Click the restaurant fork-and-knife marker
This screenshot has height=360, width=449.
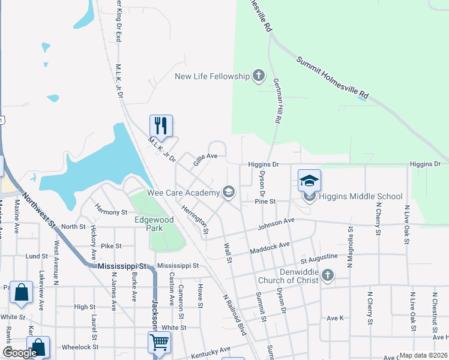click(161, 125)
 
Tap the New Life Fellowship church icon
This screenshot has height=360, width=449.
click(259, 76)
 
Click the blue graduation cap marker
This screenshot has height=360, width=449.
click(309, 180)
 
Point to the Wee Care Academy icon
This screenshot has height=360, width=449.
click(228, 192)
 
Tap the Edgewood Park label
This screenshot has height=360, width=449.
click(154, 224)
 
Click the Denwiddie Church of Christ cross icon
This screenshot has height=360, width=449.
click(327, 275)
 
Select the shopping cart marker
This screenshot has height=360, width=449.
click(160, 342)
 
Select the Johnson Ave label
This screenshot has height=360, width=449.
click(276, 224)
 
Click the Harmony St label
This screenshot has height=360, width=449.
click(111, 212)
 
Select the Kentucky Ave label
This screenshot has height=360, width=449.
click(211, 352)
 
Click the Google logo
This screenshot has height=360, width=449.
click(19, 353)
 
